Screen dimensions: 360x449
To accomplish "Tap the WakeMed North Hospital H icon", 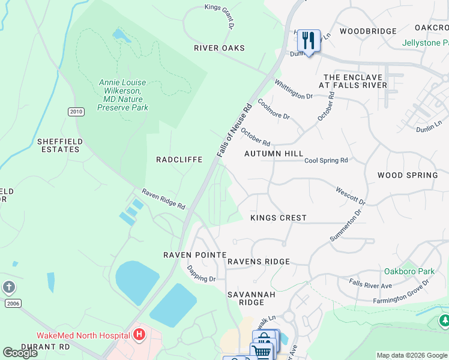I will [x=139, y=334].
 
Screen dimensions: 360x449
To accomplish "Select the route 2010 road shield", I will [x=76, y=112].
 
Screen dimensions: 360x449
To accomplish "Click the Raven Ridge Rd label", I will [x=163, y=199].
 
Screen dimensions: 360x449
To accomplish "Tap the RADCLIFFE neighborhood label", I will [x=179, y=160].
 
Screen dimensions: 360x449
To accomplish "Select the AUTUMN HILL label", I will [x=274, y=154].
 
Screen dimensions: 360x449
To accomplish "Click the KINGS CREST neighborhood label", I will [x=278, y=218].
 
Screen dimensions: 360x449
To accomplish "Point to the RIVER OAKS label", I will [x=219, y=48].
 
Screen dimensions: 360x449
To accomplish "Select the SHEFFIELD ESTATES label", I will [x=59, y=145].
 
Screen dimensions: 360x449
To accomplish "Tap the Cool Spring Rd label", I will [x=326, y=161].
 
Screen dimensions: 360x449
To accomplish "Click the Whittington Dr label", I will [x=294, y=89].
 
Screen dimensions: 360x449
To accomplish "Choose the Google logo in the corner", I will [x=20, y=353].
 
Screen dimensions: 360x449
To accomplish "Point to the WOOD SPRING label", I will [x=408, y=175].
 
